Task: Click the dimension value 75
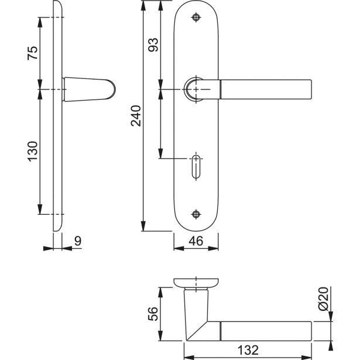33,53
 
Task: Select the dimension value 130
33,152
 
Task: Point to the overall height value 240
136,115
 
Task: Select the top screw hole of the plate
196,18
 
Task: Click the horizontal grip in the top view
266,330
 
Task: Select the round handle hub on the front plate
195,88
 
